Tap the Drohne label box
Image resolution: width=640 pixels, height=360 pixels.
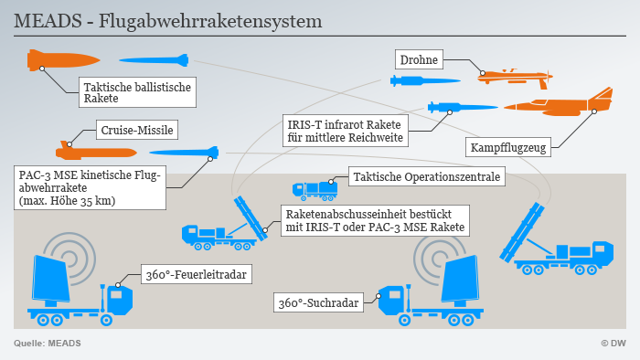[x=420, y=60]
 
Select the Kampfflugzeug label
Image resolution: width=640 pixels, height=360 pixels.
[x=509, y=147]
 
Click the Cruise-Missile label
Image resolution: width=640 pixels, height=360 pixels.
[x=136, y=130]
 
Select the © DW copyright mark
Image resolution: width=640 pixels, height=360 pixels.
[x=613, y=343]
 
